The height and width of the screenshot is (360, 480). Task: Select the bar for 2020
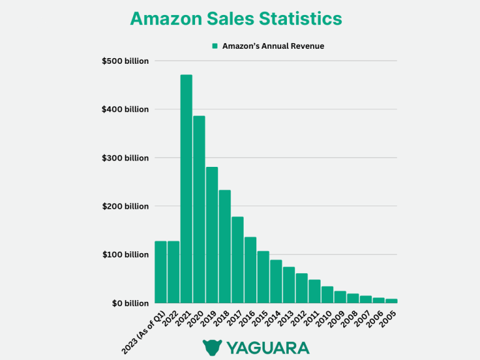pos(199,209)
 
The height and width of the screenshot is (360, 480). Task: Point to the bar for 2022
pos(173,272)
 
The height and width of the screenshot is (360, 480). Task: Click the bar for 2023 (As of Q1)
pos(161,272)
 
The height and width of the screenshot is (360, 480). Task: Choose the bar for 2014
pos(276,281)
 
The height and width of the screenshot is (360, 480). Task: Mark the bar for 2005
pos(391,301)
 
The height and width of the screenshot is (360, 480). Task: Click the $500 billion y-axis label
pos(125,61)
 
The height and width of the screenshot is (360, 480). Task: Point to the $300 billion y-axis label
pos(125,158)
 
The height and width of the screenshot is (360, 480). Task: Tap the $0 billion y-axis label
pos(129,303)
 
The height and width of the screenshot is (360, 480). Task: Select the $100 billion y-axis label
pos(125,255)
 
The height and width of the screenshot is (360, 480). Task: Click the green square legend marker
pos(214,46)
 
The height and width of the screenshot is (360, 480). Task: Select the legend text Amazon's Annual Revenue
pos(273,46)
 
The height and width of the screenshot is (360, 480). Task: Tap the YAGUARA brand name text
pos(267,347)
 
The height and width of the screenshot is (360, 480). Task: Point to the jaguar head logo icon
pos(212,347)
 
